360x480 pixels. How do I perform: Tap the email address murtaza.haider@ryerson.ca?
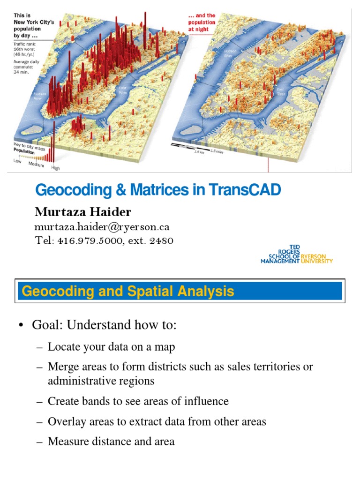click(x=102, y=227)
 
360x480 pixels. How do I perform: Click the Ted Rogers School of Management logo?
click(x=296, y=255)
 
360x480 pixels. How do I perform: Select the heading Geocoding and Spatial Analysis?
click(x=128, y=292)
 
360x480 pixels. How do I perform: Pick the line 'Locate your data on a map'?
click(x=112, y=347)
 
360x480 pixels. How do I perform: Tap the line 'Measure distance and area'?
click(x=111, y=441)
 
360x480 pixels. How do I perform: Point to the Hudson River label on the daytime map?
click(x=40, y=96)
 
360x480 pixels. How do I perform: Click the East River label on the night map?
click(x=280, y=91)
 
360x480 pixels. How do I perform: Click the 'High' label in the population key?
click(x=55, y=168)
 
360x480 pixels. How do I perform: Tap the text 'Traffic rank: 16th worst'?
click(x=27, y=48)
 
